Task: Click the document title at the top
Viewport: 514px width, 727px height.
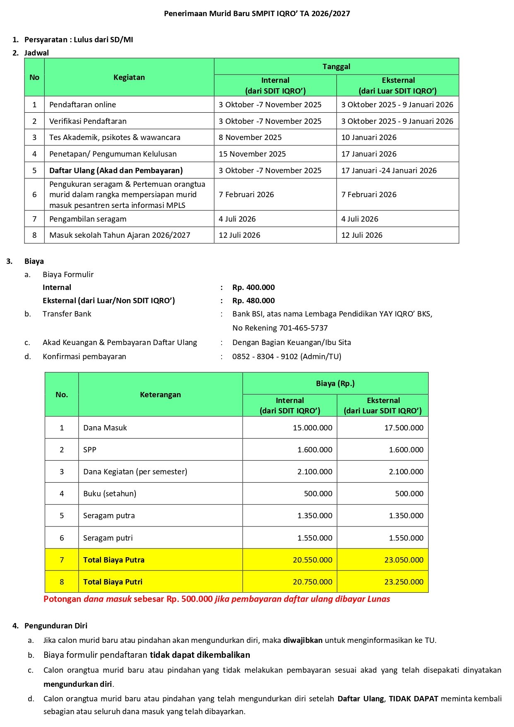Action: [257, 14]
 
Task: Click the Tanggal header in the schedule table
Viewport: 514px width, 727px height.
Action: [336, 67]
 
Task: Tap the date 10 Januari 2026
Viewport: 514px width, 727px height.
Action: [369, 138]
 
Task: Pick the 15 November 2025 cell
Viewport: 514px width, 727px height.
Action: [252, 154]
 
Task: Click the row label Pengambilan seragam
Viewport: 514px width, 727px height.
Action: [88, 219]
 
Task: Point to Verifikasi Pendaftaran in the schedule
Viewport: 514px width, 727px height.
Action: [88, 121]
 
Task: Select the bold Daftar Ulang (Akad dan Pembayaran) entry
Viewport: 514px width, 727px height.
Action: [116, 171]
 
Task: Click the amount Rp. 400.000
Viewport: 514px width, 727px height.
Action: [253, 287]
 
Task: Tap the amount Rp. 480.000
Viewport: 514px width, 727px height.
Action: [253, 301]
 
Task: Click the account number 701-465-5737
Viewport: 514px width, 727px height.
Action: [303, 328]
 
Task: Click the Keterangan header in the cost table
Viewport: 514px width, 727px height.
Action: [160, 395]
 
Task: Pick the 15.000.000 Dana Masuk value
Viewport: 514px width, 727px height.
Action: [312, 428]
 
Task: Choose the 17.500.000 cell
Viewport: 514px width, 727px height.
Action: [404, 428]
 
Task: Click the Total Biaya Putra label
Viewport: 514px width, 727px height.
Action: [114, 560]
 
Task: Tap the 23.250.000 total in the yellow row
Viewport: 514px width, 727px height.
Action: [404, 582]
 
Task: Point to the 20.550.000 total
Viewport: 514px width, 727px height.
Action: [312, 560]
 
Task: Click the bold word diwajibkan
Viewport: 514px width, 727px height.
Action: [303, 640]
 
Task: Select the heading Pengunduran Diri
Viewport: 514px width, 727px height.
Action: [56, 626]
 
